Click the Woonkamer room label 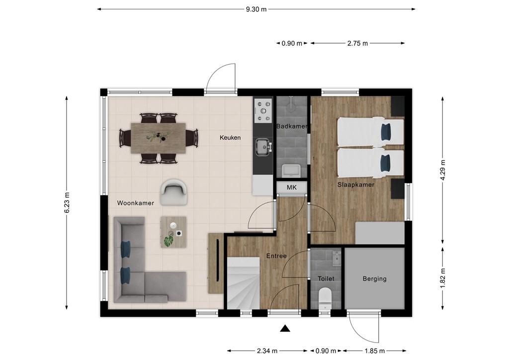coord(135,203)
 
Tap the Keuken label coord(230,138)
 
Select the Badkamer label coord(292,126)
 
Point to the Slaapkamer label coord(356,184)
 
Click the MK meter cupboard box coord(291,187)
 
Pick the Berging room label coord(375,278)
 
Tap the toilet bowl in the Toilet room coord(325,297)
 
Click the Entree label coord(276,256)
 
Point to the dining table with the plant coord(158,138)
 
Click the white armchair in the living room coord(174,192)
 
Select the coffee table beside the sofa coord(173,232)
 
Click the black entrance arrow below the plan coord(285,329)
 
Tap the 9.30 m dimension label coord(256,9)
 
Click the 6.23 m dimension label coord(67,203)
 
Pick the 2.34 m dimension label coord(267,351)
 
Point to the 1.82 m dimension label coord(443,278)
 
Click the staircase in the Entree coord(243,283)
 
